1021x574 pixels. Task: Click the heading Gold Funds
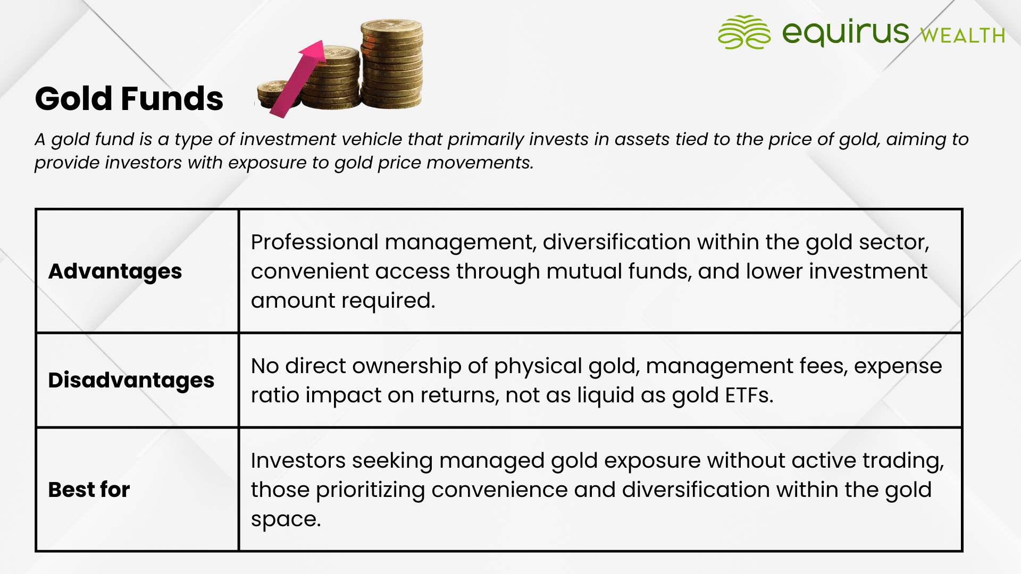tap(129, 99)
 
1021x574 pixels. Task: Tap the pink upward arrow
tap(299, 79)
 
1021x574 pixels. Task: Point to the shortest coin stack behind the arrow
tap(274, 94)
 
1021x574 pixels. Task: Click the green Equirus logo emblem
tap(744, 32)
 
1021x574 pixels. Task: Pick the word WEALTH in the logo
tap(963, 36)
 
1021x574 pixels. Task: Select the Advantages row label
tap(115, 272)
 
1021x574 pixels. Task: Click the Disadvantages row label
tap(131, 381)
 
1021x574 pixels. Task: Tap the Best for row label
tap(89, 489)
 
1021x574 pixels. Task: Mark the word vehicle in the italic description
tap(372, 139)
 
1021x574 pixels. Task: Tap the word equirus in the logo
tap(846, 32)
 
